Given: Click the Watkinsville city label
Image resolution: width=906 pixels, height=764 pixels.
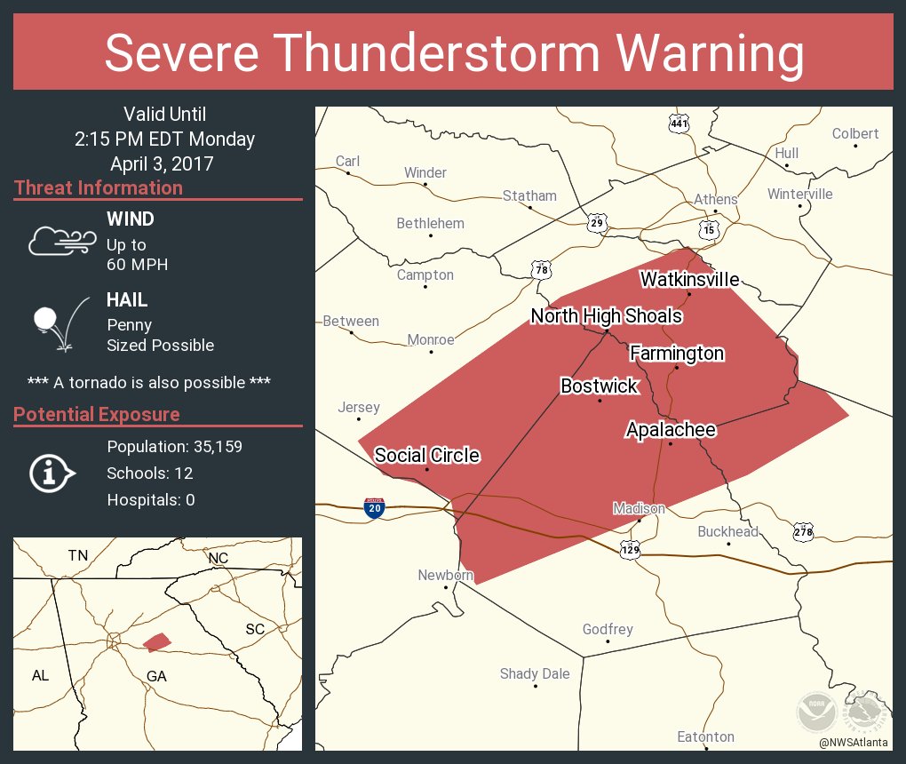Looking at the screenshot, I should point(689,280).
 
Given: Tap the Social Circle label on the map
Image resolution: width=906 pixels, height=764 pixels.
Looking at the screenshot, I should point(426,456).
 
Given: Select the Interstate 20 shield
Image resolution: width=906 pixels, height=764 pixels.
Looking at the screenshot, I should point(374,508).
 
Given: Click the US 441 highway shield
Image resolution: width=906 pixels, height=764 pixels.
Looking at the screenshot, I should point(679,124).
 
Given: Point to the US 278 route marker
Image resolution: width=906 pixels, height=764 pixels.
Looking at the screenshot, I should point(803,531).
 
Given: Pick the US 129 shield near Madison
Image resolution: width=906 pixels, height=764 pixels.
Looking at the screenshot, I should point(629,548).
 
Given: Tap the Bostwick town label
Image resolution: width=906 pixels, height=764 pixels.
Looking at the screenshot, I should point(599,386).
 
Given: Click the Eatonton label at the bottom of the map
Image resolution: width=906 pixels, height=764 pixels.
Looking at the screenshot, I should point(705,736).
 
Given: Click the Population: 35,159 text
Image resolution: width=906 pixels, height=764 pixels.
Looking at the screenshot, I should point(174,446).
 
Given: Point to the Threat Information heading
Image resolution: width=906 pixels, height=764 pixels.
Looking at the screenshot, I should point(99,188).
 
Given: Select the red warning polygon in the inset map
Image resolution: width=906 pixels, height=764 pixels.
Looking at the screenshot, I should point(156,641).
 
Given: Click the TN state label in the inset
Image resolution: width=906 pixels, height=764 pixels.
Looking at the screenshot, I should point(78,556).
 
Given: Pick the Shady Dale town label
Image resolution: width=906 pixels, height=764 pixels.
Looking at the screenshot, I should point(535,673).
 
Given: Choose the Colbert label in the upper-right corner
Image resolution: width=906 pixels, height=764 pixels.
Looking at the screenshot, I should point(854,134).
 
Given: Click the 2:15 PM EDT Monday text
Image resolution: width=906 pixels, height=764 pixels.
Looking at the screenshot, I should point(164,139).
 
